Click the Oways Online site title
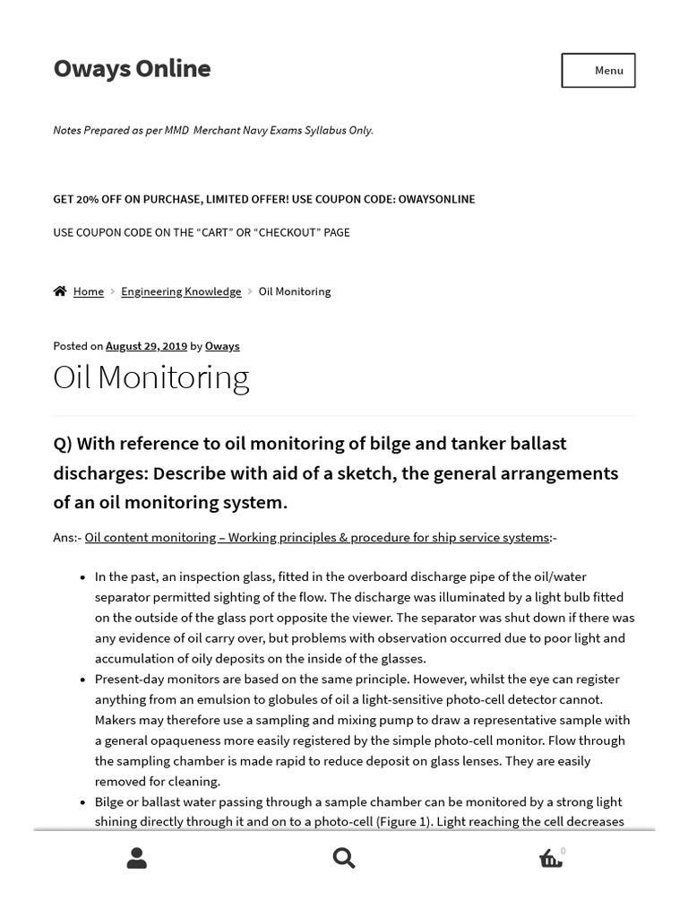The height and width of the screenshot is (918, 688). pyautogui.click(x=132, y=69)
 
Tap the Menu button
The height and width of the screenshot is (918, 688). pyautogui.click(x=598, y=71)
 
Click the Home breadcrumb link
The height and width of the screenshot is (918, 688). pyautogui.click(x=89, y=291)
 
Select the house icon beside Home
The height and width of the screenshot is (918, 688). pyautogui.click(x=60, y=291)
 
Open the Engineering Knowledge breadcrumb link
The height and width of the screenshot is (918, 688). pyautogui.click(x=181, y=291)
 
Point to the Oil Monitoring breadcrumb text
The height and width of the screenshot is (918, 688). pyautogui.click(x=295, y=291)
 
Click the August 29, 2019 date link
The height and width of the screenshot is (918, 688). pyautogui.click(x=146, y=346)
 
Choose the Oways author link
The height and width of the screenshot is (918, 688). pyautogui.click(x=222, y=346)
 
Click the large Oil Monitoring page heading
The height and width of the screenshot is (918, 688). pyautogui.click(x=150, y=377)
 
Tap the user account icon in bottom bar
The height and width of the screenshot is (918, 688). pyautogui.click(x=137, y=859)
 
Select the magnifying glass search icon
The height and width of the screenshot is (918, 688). pyautogui.click(x=344, y=859)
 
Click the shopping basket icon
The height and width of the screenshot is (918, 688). pyautogui.click(x=550, y=859)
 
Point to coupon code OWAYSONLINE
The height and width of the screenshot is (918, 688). pyautogui.click(x=436, y=199)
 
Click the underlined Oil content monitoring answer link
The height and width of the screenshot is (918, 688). pyautogui.click(x=316, y=537)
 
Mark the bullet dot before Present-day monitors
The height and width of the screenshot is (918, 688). pyautogui.click(x=83, y=680)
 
